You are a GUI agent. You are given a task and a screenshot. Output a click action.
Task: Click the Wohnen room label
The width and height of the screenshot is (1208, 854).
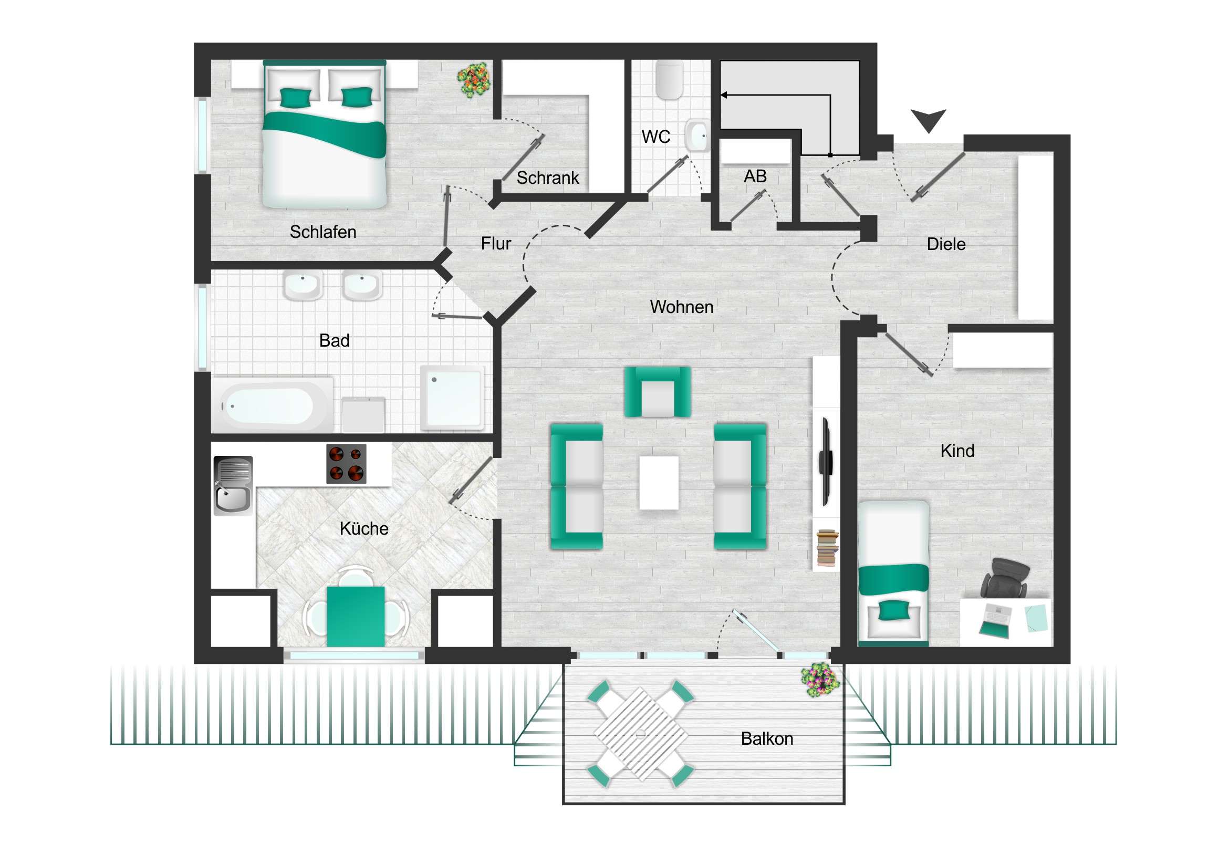coord(681,307)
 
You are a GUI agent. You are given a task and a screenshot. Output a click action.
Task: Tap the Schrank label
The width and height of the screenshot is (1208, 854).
coord(547,178)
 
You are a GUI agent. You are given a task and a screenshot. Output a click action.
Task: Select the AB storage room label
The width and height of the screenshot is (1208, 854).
coord(755,176)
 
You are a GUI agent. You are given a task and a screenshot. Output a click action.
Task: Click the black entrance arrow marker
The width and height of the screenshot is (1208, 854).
coord(928,120)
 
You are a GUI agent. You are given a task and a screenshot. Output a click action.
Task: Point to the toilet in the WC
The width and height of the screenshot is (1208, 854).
coord(669,80)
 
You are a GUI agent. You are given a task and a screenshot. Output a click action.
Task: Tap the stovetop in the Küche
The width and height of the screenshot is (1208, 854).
coord(346,464)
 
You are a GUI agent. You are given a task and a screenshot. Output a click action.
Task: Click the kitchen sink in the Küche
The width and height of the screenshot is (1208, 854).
coord(233,485)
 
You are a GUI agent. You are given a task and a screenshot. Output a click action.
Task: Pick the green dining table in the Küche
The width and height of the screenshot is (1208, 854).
coord(356,616)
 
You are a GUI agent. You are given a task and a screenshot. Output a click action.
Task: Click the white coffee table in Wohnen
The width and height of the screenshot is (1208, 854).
coord(659,483)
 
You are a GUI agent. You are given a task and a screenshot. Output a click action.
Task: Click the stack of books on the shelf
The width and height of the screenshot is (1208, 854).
coord(827,548)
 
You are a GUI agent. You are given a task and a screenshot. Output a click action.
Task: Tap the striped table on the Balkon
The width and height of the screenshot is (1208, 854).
coord(640,734)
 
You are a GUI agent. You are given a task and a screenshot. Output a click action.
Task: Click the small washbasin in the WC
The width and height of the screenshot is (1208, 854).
coord(697,136)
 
